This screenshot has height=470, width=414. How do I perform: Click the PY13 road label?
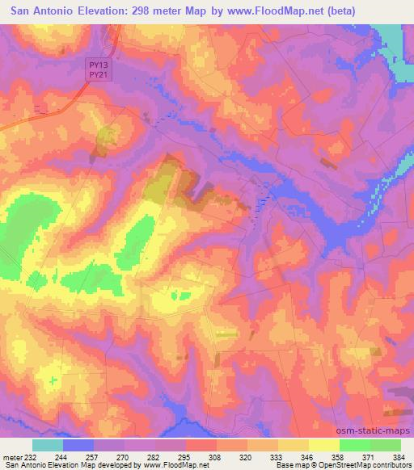pyautogui.click(x=99, y=64)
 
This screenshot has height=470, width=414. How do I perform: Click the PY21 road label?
pyautogui.click(x=99, y=73)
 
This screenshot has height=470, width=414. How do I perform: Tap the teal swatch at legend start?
pyautogui.click(x=48, y=445)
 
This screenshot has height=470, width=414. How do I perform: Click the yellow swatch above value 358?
pyautogui.click(x=324, y=445)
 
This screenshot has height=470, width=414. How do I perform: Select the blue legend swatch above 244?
pyautogui.click(x=78, y=445)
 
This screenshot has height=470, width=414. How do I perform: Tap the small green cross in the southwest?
pyautogui.click(x=53, y=380)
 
